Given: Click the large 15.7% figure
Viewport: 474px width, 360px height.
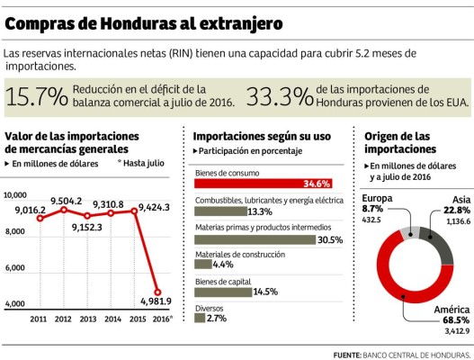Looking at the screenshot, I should tap(37, 97).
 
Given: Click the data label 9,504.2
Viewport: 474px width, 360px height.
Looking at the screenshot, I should tap(67, 200).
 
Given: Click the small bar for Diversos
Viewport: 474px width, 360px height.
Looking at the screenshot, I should tap(199, 319).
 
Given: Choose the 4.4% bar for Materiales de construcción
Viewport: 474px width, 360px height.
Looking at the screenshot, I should tap(202, 265).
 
